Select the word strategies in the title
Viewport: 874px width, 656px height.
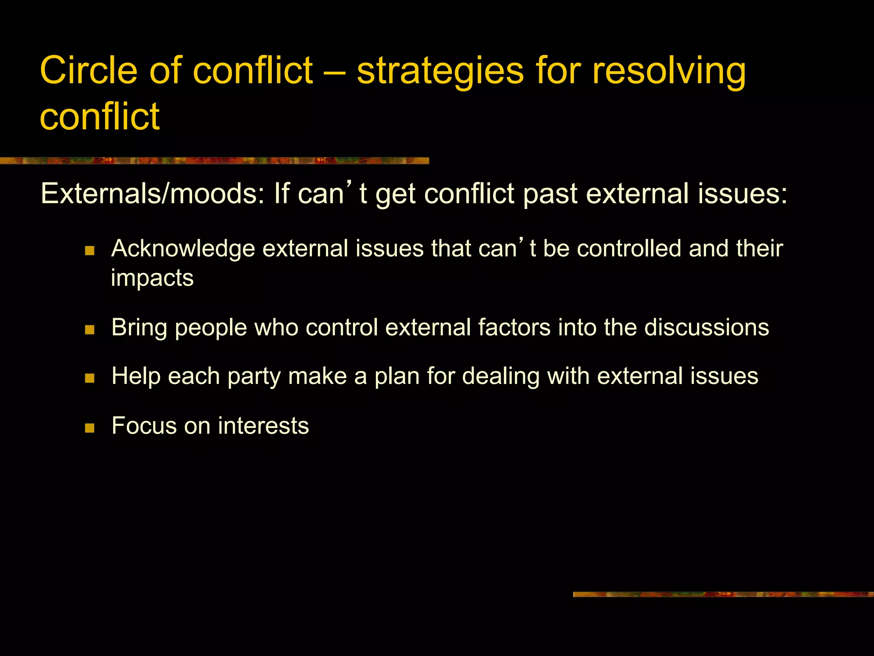click(440, 71)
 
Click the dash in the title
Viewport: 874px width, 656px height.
click(335, 71)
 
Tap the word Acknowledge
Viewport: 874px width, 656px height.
click(183, 249)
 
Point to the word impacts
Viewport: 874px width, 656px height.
click(152, 278)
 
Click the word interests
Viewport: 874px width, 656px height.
click(263, 426)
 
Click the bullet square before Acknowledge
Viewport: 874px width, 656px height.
click(90, 251)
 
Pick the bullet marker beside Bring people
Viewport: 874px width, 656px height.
click(90, 330)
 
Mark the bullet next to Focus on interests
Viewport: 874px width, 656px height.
click(90, 428)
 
